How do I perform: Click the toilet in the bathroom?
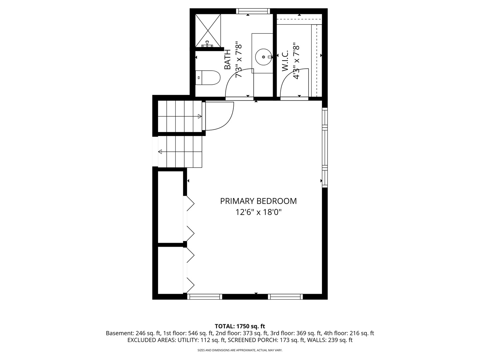[207, 78]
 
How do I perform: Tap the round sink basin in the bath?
[264, 57]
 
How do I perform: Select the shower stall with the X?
[208, 30]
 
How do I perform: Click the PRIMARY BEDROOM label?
[258, 201]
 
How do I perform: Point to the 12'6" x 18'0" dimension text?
[258, 212]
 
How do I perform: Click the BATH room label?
[228, 59]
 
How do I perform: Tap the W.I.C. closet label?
[285, 61]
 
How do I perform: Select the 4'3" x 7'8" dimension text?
[296, 61]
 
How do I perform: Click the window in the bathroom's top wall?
[253, 11]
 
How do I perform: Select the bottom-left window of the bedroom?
[205, 297]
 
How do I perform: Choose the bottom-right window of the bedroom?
[285, 297]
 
